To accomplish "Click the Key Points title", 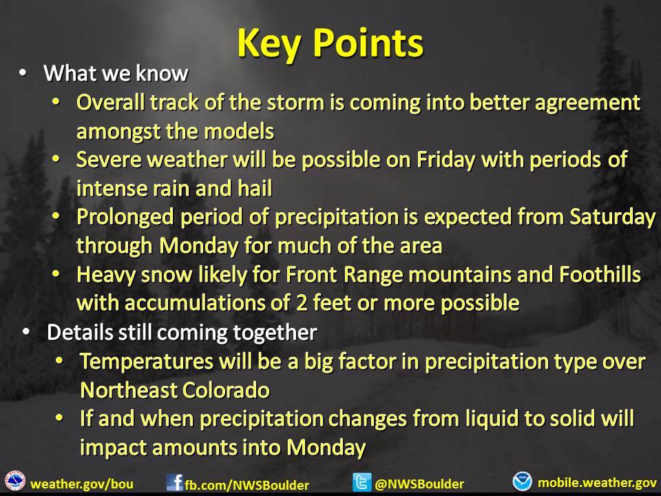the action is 330,43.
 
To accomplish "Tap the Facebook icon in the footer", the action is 174,482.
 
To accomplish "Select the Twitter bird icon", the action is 361,482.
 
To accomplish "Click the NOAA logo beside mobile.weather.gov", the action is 523,482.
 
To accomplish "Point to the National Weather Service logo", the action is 15,482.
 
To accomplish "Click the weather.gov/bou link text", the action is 82,484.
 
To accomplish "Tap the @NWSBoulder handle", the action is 419,484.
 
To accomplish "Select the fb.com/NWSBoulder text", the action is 246,485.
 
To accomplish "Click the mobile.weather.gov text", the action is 597,482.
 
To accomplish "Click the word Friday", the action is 445,160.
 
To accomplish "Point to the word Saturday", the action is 612,217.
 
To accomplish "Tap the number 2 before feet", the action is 302,303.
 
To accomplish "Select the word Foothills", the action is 600,275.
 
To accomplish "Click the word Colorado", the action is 226,390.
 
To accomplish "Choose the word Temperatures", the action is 146,362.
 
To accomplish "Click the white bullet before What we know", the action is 23,73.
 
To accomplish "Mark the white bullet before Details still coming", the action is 26,332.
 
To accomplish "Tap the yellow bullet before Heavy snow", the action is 56,275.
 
